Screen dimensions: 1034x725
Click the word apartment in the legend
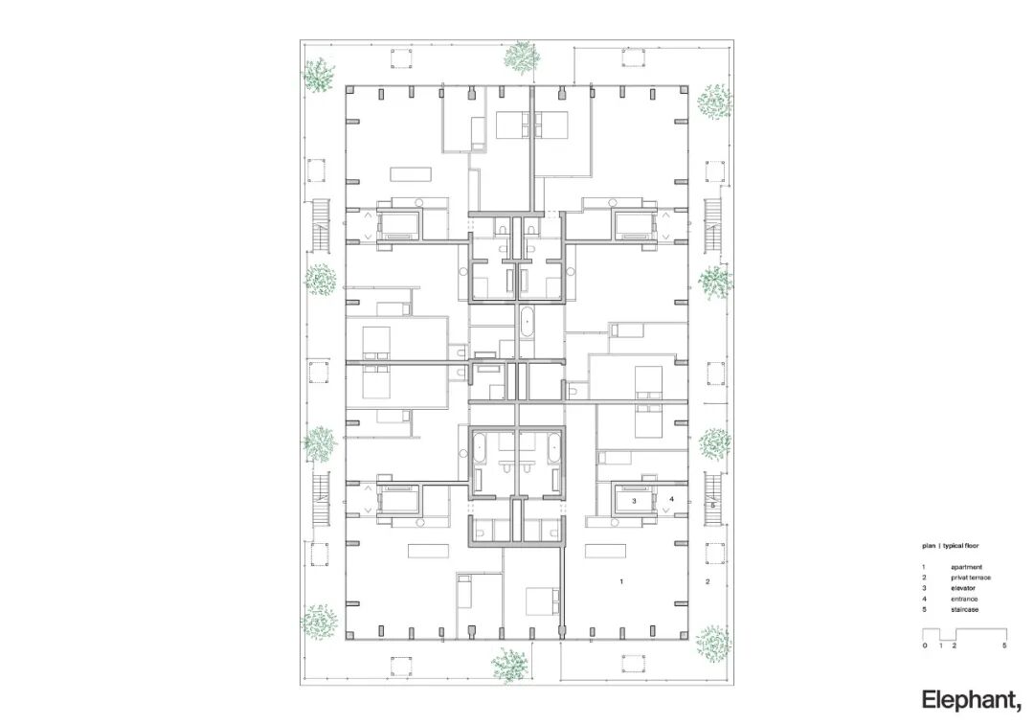click(x=966, y=567)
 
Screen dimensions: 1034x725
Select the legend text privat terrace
click(x=970, y=578)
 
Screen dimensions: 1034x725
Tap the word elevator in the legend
click(x=963, y=588)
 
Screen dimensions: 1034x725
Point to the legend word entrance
click(x=964, y=599)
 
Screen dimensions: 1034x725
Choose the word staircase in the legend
click(x=965, y=609)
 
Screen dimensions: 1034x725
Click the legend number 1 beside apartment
click(x=924, y=567)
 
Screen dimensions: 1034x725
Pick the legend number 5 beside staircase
click(x=924, y=609)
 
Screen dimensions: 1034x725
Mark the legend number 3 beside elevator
click(x=924, y=588)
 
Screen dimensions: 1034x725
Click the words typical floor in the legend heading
click(x=961, y=546)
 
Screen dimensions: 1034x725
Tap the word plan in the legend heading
click(x=929, y=546)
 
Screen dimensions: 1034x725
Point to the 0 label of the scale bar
click(x=925, y=646)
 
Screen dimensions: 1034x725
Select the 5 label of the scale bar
click(x=1004, y=646)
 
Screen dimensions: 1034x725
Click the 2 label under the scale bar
click(x=955, y=646)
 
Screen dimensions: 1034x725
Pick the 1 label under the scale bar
click(x=941, y=646)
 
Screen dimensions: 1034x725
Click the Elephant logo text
click(x=972, y=701)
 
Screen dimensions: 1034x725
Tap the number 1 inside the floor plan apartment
click(x=621, y=582)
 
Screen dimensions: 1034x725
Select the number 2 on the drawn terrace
click(x=708, y=582)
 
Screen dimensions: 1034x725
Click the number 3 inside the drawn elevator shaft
click(x=635, y=501)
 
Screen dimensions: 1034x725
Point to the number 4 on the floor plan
click(x=671, y=499)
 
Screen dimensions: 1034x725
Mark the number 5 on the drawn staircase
click(x=713, y=506)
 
